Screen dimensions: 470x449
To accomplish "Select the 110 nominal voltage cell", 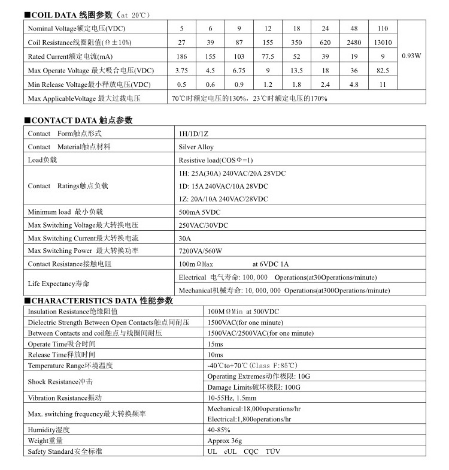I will tap(383, 28).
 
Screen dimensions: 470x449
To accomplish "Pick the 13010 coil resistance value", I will tap(383, 43).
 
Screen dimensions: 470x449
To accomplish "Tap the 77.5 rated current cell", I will tap(268, 56).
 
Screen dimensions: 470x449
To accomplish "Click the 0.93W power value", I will tap(411, 56).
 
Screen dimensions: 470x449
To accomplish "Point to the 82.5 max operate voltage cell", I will tap(383, 71).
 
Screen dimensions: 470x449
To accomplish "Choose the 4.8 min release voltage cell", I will tap(354, 85).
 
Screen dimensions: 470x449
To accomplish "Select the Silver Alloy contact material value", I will tap(196, 146).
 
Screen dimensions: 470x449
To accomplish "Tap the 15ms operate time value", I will tap(215, 344).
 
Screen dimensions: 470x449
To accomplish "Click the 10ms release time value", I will tap(215, 354).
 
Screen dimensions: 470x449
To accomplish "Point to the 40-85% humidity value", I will tap(219, 430).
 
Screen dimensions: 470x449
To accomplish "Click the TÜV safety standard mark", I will tap(272, 451).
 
